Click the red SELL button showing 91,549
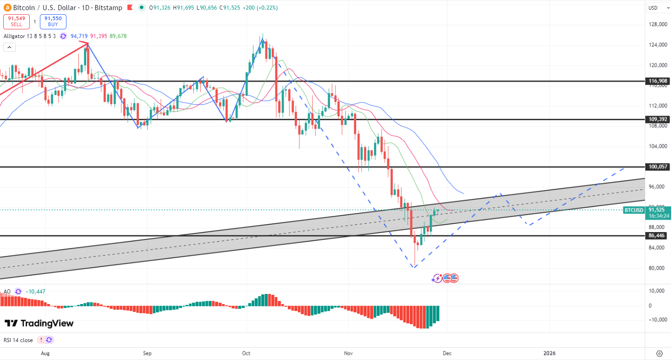(16, 22)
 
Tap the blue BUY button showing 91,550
(53, 22)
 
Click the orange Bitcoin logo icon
(7, 8)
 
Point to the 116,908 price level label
(658, 81)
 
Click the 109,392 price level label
(658, 119)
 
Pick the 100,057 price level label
(658, 167)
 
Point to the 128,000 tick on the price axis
(659, 25)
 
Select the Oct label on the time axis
(246, 354)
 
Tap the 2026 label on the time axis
(549, 354)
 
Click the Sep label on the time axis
(147, 354)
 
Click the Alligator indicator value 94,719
(79, 36)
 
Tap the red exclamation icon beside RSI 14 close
(41, 340)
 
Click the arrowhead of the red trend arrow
(87, 44)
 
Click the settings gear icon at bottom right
(660, 354)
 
